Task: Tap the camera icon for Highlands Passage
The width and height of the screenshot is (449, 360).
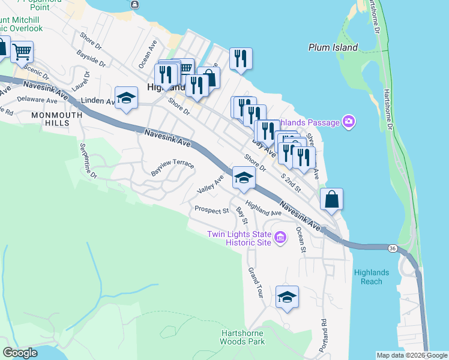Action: (349, 122)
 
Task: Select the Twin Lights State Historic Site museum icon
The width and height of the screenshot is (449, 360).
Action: (279, 239)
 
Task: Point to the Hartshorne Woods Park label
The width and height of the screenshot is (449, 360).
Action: (243, 337)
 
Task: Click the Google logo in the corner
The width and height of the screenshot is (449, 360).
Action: (20, 353)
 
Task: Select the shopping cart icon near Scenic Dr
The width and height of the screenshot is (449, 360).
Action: (22, 52)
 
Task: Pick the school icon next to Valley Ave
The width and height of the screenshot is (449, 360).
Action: (244, 178)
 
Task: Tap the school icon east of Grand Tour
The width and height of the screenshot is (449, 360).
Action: (287, 297)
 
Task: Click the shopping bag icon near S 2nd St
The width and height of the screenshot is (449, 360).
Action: (331, 199)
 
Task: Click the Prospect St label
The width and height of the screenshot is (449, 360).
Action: (211, 211)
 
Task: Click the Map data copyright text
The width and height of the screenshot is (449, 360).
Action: (411, 355)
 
